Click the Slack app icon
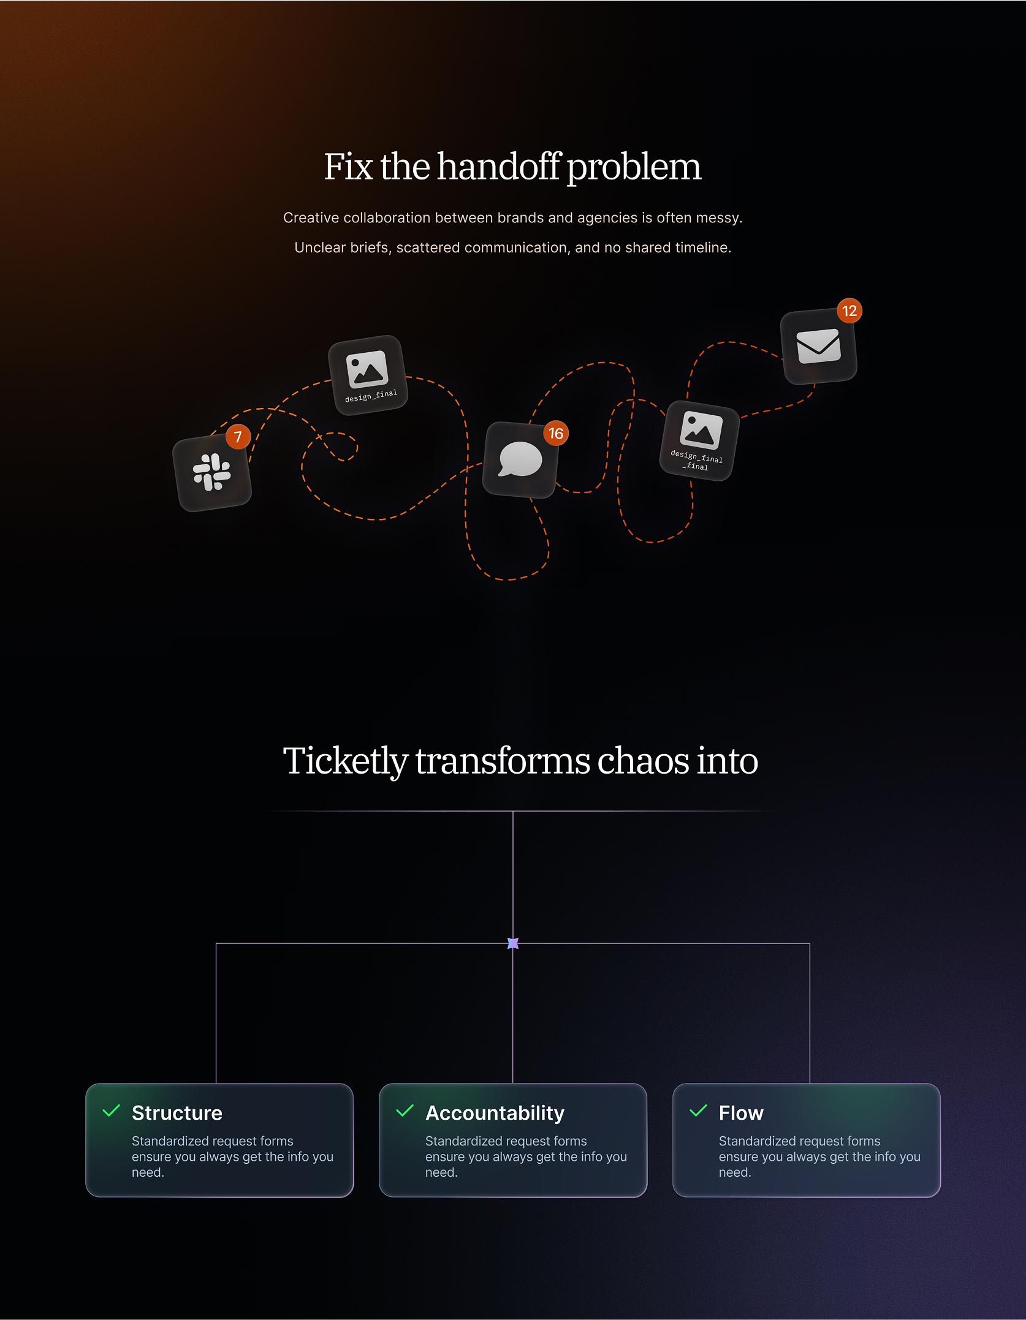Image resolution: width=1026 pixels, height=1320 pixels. point(212,472)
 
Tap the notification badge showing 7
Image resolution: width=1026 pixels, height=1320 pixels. point(238,437)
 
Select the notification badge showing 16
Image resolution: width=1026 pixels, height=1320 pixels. point(556,434)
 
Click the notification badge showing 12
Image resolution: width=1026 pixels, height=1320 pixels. point(849,311)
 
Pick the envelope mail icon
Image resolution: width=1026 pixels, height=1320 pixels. point(818,346)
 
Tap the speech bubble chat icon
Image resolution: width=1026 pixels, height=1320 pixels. point(520,459)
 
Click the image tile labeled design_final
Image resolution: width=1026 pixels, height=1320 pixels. point(368,375)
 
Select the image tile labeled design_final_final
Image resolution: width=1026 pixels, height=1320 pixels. point(699,440)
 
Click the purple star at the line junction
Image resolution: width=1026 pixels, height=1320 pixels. point(513,943)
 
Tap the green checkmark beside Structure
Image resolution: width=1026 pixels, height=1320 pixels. point(112,1111)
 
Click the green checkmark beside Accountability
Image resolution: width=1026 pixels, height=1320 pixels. point(405,1111)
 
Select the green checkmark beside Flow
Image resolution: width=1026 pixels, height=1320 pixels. point(699,1111)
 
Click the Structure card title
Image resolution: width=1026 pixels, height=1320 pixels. point(177,1113)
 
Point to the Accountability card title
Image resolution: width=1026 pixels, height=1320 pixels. point(495,1113)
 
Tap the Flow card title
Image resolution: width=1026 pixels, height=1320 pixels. point(741,1113)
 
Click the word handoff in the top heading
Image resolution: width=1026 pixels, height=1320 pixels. point(498,167)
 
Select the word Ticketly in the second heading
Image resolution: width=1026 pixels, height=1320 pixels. point(345,761)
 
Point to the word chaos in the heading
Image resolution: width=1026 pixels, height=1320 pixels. point(643,761)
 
